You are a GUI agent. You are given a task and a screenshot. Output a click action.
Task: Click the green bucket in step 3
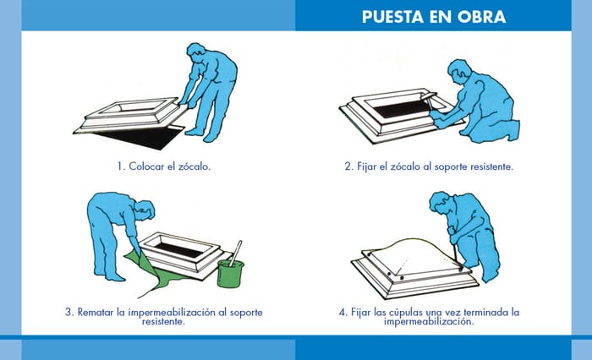pos(231,273)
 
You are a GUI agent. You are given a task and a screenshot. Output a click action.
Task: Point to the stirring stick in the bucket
pos(236,254)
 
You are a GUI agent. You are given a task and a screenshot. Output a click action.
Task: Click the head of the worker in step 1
pos(197,52)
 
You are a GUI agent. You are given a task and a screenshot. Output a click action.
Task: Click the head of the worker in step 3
pos(145,210)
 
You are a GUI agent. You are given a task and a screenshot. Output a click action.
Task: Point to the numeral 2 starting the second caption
pos(348,166)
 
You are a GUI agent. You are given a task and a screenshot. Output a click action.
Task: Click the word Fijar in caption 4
pos(360,313)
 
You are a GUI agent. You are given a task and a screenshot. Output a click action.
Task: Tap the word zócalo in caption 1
pos(194,166)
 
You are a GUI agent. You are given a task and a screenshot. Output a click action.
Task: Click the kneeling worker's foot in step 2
pos(513,131)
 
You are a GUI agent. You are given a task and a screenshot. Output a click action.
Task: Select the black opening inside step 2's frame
pos(402,108)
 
